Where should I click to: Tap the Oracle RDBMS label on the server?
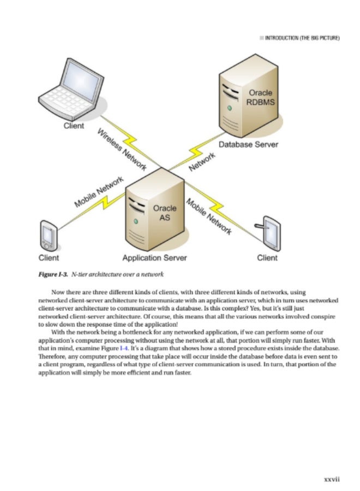pyautogui.click(x=260, y=99)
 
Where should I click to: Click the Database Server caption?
pyautogui.click(x=248, y=145)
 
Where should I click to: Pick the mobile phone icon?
pyautogui.click(x=49, y=235)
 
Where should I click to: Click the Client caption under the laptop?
pyautogui.click(x=74, y=126)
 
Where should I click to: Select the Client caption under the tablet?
pyautogui.click(x=267, y=258)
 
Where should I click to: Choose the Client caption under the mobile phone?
pyautogui.click(x=48, y=258)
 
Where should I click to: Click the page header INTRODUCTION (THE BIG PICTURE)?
pyautogui.click(x=303, y=39)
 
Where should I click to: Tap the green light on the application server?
pyautogui.click(x=135, y=222)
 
